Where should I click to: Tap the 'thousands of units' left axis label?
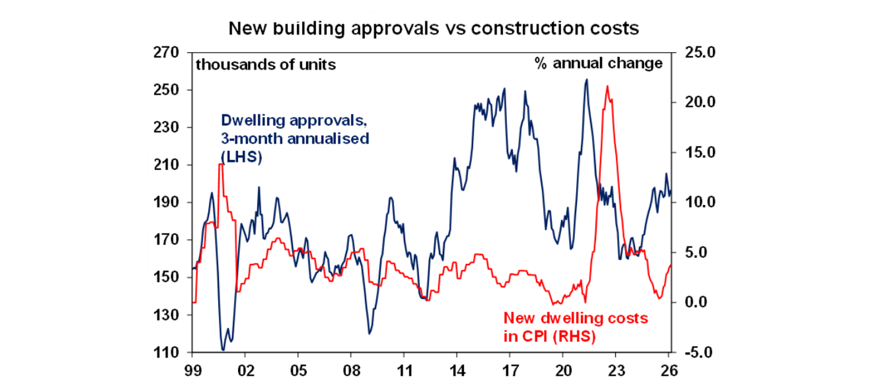tap(265, 64)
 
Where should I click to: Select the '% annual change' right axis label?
tap(598, 63)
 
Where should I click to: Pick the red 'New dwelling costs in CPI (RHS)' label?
tap(575, 327)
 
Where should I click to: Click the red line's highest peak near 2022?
tap(607, 86)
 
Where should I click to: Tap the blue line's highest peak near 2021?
tap(586, 79)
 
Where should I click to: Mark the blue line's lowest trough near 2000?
tap(223, 350)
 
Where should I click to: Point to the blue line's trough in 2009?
tap(369, 333)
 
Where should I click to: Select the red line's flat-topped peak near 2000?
tap(220, 164)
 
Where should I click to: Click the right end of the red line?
tap(671, 265)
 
